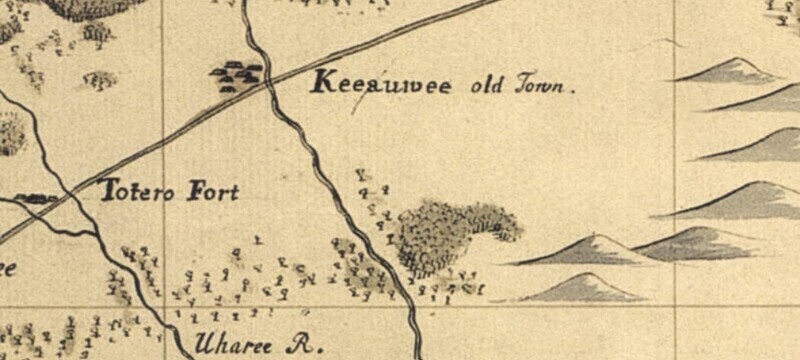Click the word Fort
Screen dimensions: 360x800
(214, 191)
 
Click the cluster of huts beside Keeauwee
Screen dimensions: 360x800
(237, 74)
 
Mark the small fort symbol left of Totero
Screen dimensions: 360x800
(36, 199)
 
